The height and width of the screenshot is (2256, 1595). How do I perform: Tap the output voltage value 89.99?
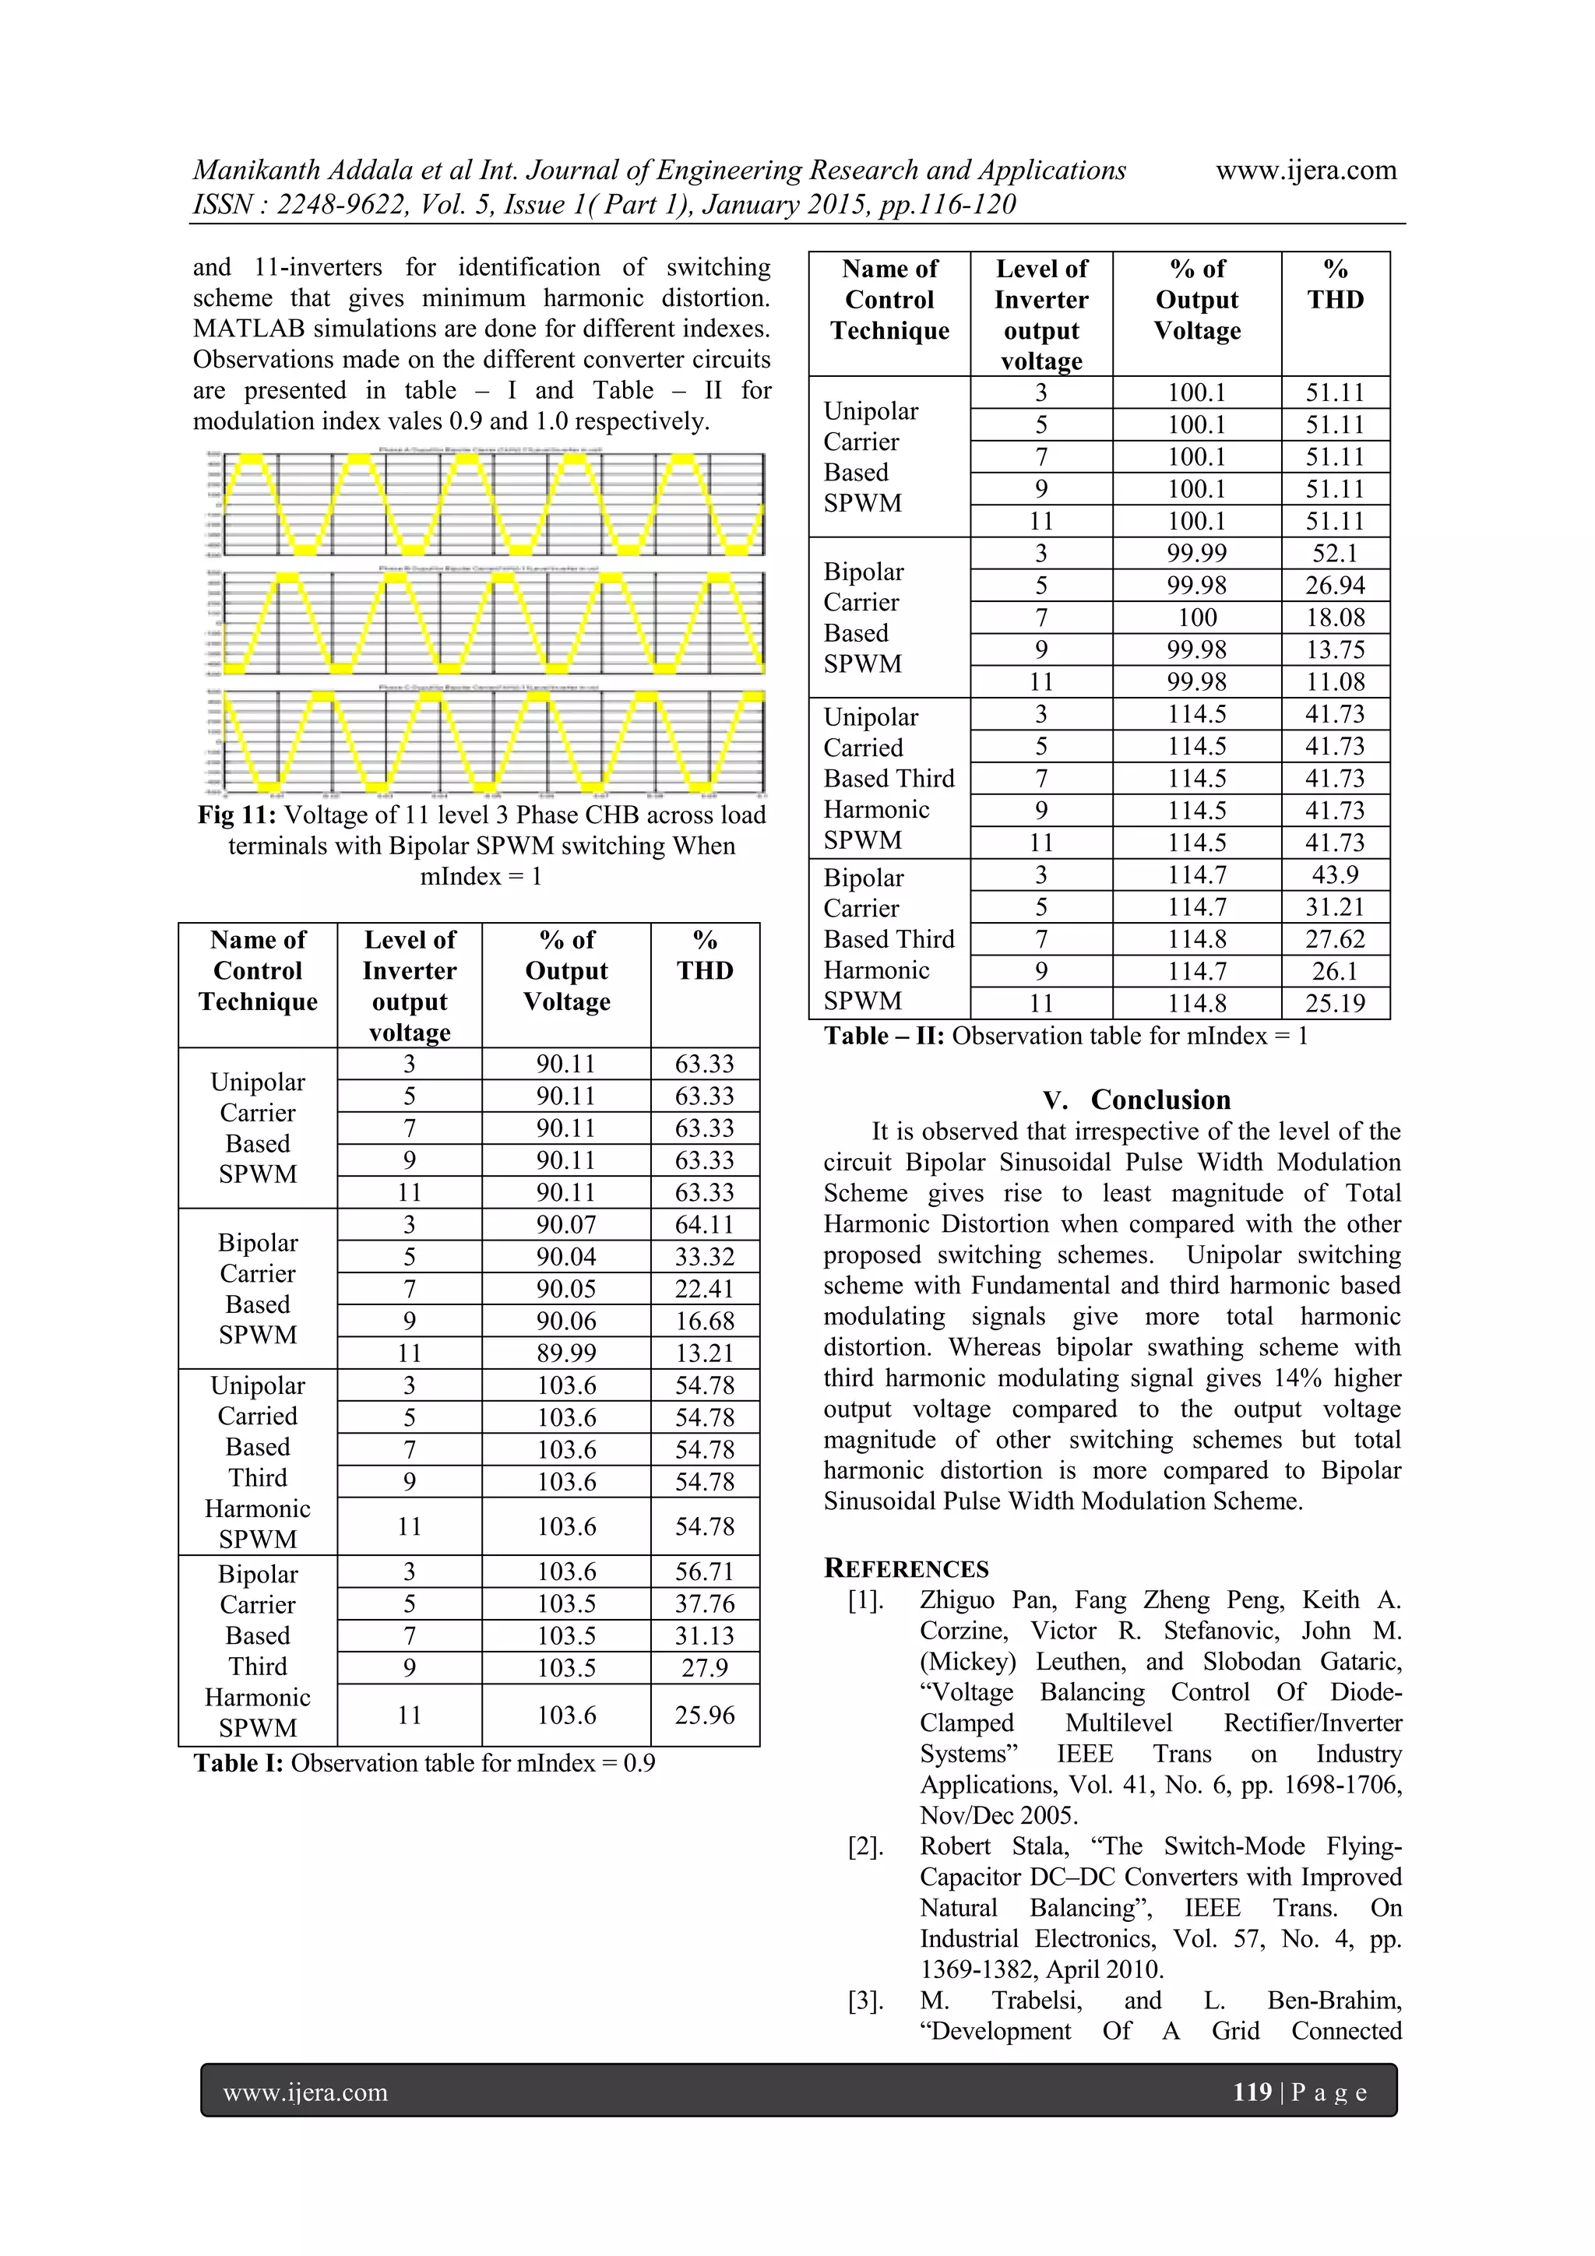[566, 1353]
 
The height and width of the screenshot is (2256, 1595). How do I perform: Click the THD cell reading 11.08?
[1335, 682]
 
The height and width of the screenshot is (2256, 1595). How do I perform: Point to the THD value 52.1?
[1335, 553]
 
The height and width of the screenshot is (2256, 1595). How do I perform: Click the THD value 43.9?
[1335, 875]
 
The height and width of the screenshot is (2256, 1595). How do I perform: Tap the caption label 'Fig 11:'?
[237, 815]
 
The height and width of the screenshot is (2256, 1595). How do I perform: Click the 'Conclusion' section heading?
[1160, 1100]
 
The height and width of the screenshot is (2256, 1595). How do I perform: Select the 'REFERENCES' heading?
[905, 1568]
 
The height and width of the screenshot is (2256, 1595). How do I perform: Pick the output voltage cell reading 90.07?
[566, 1224]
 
